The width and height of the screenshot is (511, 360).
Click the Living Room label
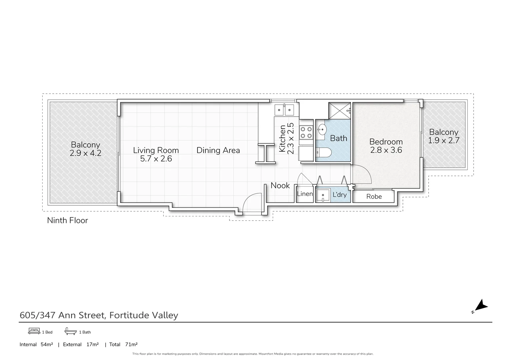(156, 150)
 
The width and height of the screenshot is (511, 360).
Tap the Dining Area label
(218, 150)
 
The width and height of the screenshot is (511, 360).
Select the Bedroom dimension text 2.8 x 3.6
(386, 150)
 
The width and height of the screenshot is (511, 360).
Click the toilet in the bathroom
(323, 153)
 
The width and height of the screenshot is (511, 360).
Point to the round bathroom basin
(322, 129)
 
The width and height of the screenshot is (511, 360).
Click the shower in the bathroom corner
(339, 110)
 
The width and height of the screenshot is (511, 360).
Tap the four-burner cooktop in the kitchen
(306, 132)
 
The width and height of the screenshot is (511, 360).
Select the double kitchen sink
(284, 109)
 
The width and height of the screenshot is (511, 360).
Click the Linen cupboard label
(305, 194)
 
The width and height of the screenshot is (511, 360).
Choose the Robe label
(374, 197)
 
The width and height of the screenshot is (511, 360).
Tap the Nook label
(280, 186)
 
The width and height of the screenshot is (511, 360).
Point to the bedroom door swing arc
(362, 173)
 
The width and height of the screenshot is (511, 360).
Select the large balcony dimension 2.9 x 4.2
(85, 153)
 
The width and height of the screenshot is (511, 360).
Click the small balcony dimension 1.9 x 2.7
(444, 140)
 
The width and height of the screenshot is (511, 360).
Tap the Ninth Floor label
(67, 220)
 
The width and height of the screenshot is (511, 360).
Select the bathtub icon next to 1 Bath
(70, 331)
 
